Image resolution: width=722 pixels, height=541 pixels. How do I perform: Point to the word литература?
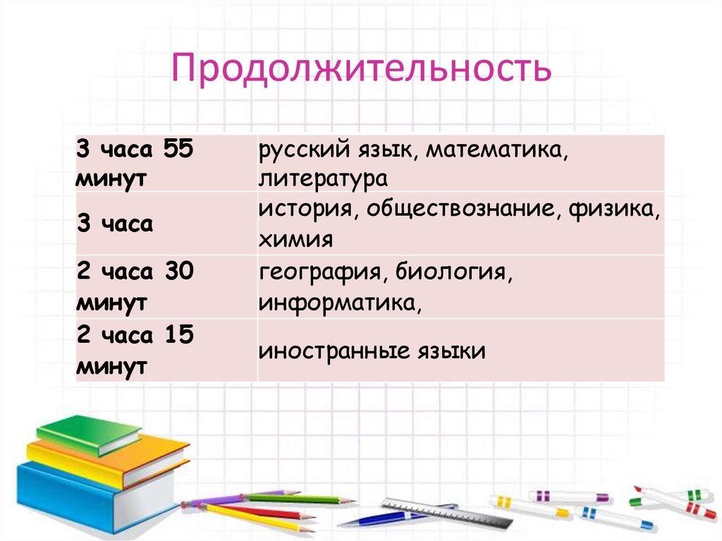pyautogui.click(x=323, y=177)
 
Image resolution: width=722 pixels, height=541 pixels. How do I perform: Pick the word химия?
pyautogui.click(x=295, y=240)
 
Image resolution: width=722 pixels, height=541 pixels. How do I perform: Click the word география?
pyautogui.click(x=320, y=273)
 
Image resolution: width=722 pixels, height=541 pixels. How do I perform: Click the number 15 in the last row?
pyautogui.click(x=179, y=336)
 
